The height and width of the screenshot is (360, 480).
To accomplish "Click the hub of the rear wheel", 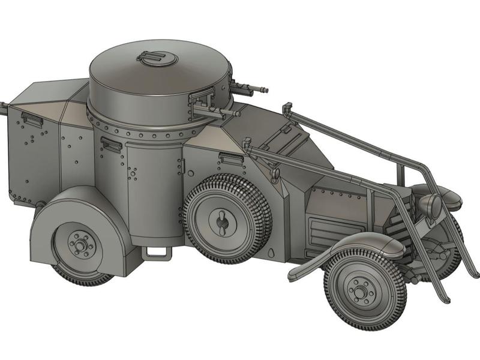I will (x=79, y=245).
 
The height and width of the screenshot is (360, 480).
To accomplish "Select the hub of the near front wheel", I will (x=358, y=291).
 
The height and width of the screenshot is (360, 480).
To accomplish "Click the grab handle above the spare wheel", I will (x=230, y=158).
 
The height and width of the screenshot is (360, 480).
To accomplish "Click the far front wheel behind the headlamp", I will (x=447, y=252).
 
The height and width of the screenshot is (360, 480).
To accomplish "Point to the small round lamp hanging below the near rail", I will (x=275, y=175).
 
